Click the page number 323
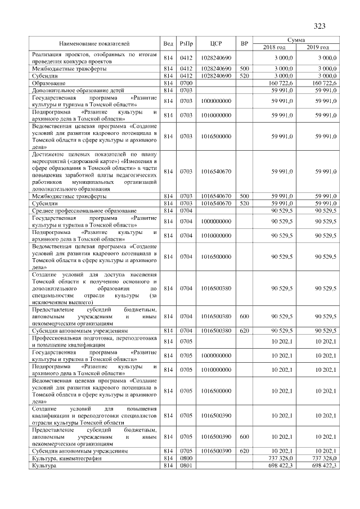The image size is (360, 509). click(319, 26)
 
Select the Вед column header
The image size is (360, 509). click(168, 43)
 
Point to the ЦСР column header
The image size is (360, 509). click(217, 43)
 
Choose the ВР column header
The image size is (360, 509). click(244, 43)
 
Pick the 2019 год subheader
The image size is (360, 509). click(318, 47)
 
